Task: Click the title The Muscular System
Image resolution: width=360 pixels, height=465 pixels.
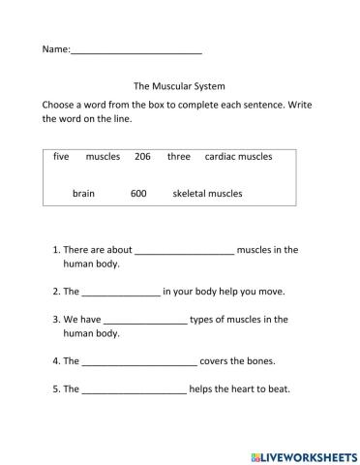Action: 179,84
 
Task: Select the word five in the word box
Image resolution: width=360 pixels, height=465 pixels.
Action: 61,156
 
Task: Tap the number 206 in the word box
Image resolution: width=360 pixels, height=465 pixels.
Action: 143,156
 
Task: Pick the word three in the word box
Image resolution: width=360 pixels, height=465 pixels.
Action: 179,156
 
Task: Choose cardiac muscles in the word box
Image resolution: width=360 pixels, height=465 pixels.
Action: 238,156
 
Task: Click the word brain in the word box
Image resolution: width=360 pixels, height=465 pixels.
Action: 83,193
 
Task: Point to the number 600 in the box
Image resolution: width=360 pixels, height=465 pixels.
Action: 138,193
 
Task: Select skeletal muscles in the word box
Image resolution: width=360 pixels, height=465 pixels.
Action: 207,193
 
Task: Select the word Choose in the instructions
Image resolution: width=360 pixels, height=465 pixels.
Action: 58,103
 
